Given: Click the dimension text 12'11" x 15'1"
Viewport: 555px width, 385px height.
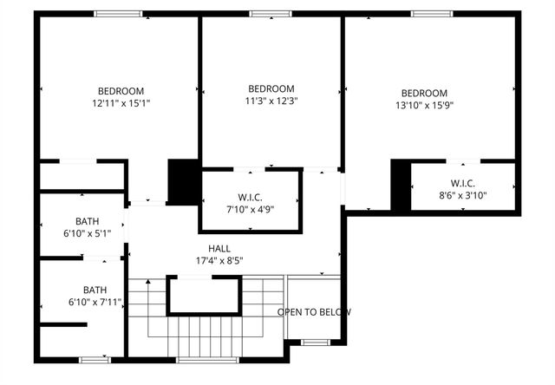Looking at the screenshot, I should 121,103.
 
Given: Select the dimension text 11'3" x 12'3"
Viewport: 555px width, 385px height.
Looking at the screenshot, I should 271,101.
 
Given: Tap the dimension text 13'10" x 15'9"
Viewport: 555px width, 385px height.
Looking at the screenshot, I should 423,106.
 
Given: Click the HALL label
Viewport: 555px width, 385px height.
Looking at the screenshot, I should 219,248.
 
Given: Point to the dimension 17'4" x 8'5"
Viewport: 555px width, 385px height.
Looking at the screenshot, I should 219,260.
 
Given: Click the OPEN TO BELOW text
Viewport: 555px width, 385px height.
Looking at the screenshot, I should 314,312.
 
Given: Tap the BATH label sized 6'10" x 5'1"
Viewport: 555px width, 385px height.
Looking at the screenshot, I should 88,233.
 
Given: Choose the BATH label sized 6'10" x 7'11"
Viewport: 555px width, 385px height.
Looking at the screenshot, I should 95,302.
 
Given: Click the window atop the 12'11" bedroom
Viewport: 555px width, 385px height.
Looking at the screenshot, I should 119,14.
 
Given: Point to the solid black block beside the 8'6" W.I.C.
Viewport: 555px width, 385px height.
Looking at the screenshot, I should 400,185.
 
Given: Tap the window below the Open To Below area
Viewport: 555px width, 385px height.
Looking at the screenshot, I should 315,343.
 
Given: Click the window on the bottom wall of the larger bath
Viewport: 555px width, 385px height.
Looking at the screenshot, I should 95,359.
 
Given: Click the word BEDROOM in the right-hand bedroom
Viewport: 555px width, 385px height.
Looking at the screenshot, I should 423,94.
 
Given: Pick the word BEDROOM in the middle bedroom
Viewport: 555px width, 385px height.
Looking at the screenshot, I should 271,88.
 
